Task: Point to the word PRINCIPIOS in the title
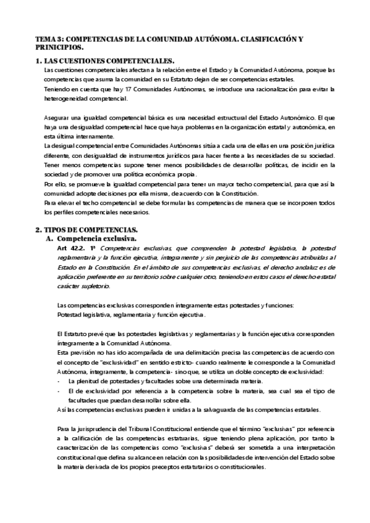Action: pos(58,47)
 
